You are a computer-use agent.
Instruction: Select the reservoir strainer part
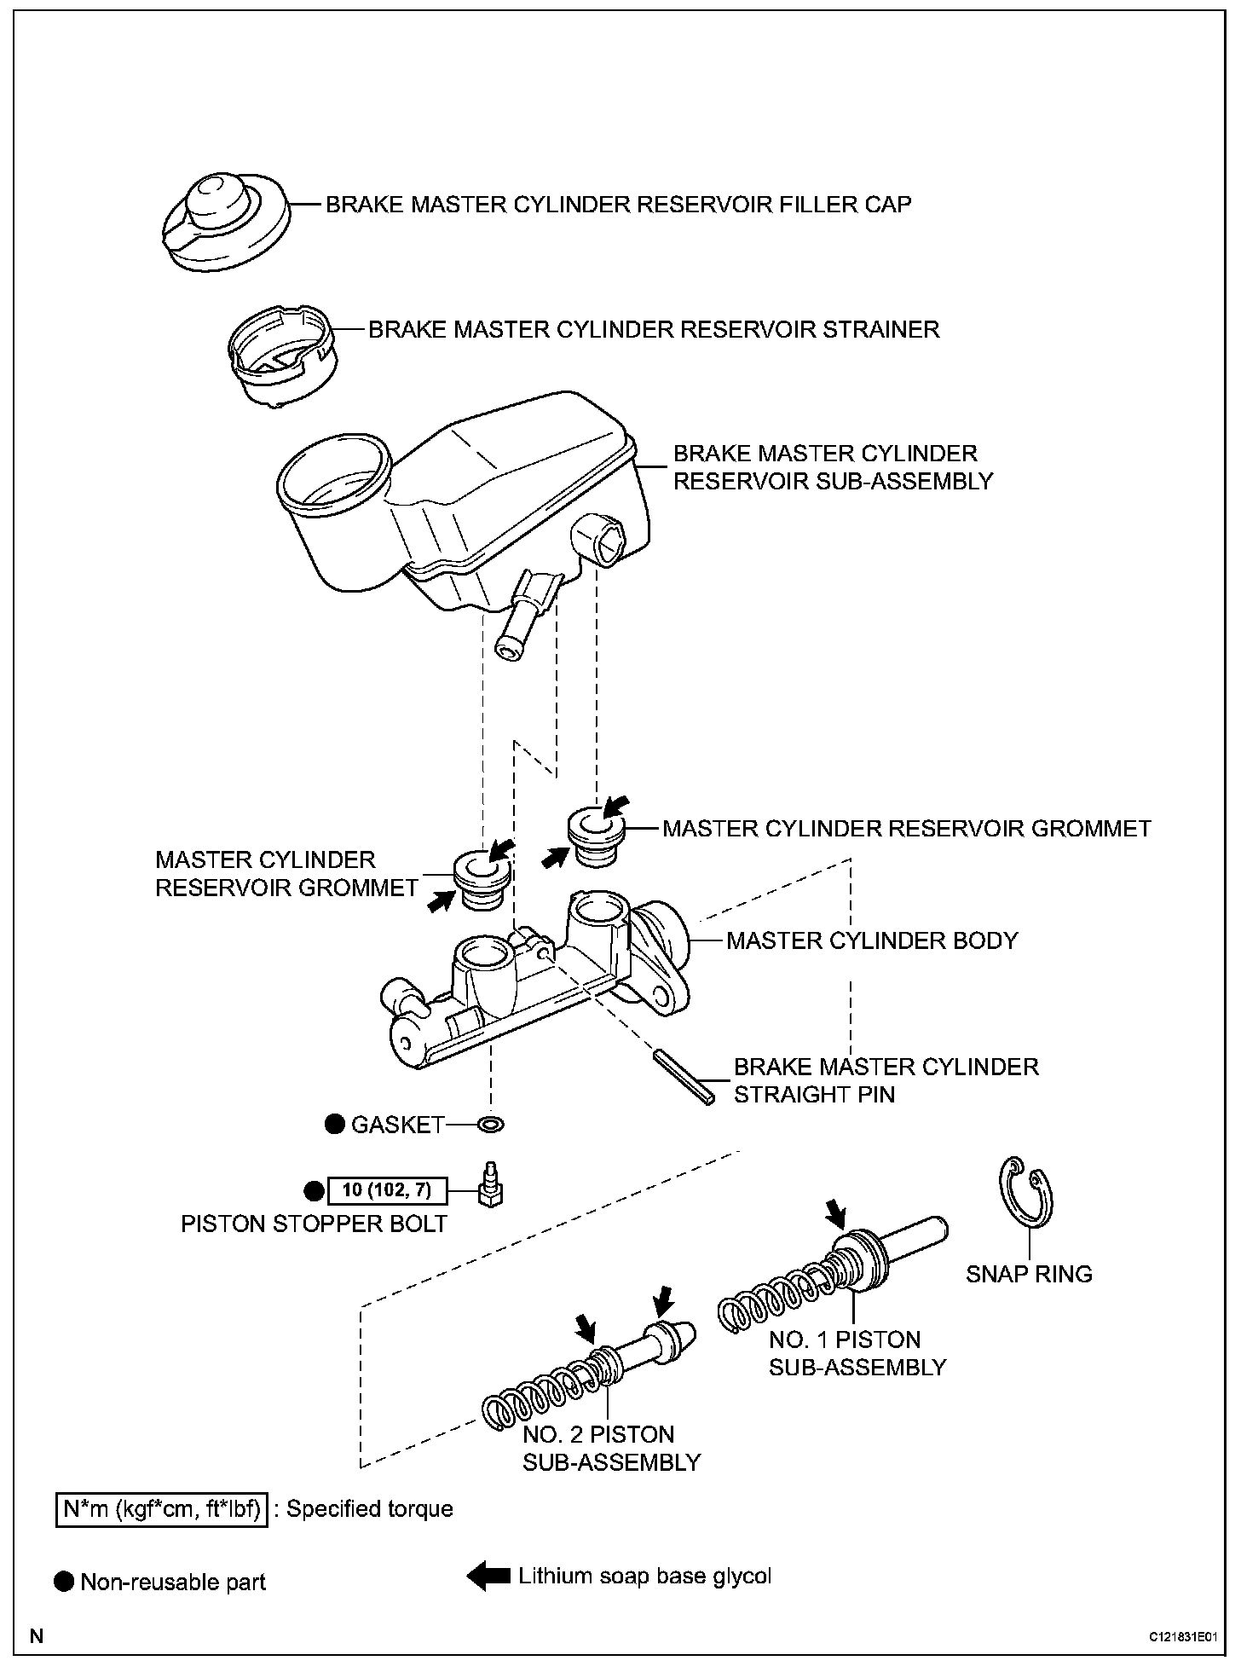pyautogui.click(x=281, y=358)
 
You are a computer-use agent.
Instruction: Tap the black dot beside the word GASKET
pyautogui.click(x=335, y=1125)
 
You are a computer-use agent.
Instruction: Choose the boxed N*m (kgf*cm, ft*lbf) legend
pyautogui.click(x=162, y=1509)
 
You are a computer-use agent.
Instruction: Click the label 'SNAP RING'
pyautogui.click(x=1029, y=1274)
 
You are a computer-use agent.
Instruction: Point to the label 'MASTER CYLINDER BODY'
pyautogui.click(x=872, y=940)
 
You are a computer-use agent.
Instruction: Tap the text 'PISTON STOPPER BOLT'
pyautogui.click(x=314, y=1224)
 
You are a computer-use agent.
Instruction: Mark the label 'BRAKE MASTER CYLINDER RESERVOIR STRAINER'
pyautogui.click(x=654, y=330)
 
